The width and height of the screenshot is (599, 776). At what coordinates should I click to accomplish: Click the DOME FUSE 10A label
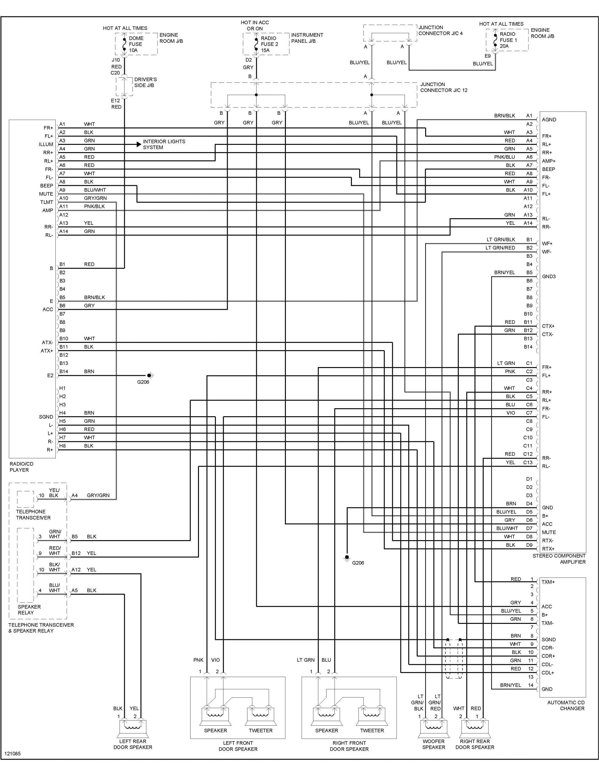click(x=136, y=44)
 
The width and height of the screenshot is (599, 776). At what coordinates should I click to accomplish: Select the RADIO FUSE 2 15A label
click(x=269, y=44)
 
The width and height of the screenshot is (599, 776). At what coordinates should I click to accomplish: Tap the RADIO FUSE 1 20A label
click(x=508, y=40)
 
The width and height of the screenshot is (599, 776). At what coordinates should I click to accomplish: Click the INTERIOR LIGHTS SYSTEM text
click(x=164, y=144)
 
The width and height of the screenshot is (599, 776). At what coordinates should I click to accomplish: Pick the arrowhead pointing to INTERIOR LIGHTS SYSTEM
click(x=139, y=144)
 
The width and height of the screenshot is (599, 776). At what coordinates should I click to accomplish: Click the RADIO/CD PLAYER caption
click(x=21, y=467)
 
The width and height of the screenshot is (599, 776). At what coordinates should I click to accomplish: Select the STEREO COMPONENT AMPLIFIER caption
click(x=559, y=559)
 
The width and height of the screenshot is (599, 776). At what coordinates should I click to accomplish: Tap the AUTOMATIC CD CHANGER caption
click(x=566, y=705)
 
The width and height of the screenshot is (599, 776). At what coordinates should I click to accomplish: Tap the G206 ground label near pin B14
click(x=143, y=382)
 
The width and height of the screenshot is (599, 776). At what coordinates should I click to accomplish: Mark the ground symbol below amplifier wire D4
click(x=347, y=557)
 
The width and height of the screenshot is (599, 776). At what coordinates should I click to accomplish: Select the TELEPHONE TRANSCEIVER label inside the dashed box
click(x=33, y=514)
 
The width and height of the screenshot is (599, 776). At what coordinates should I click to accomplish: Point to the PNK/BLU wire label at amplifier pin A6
click(x=504, y=157)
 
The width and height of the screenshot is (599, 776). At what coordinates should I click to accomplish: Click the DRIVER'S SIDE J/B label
click(x=145, y=82)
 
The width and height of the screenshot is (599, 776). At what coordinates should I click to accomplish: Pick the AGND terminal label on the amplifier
click(x=549, y=119)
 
